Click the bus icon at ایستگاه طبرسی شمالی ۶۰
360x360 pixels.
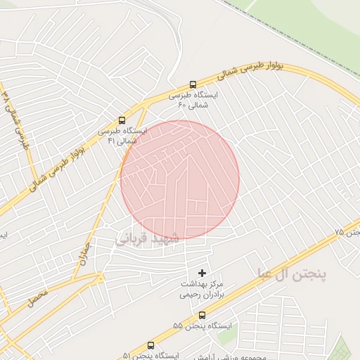point(193,83)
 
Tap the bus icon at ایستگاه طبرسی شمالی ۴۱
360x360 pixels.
point(122,120)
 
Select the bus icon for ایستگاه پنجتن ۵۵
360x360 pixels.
point(202,316)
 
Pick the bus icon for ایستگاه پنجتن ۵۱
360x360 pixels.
point(150,346)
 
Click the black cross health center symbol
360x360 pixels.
point(202,271)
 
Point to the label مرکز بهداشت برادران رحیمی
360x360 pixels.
point(202,288)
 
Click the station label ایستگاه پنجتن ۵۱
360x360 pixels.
point(150,356)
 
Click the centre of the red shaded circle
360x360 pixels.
point(179,179)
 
